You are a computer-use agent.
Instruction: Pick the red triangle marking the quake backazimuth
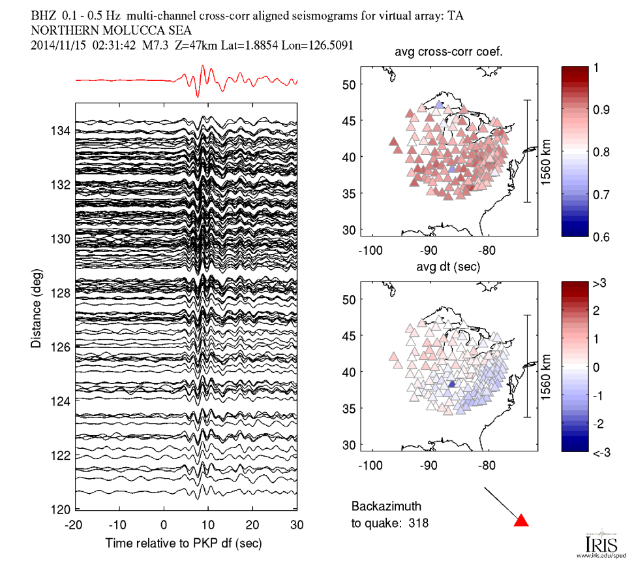pyautogui.click(x=521, y=521)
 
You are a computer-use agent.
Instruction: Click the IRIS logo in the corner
pyautogui.click(x=596, y=543)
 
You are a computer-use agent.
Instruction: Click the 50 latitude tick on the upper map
pyautogui.click(x=348, y=84)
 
